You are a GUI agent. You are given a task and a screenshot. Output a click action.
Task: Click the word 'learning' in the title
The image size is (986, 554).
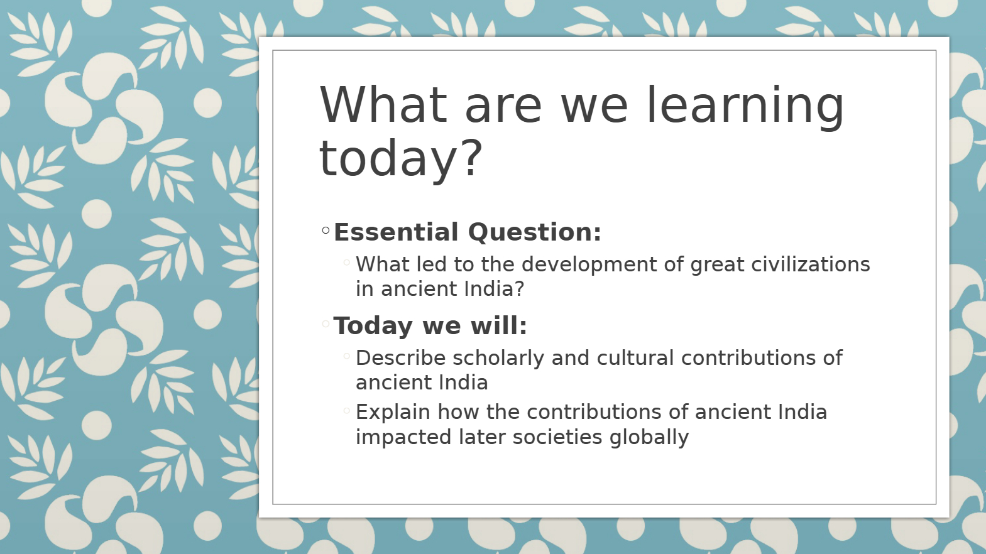click(745, 106)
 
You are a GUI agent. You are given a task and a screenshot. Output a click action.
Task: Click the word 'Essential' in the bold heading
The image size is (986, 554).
click(396, 232)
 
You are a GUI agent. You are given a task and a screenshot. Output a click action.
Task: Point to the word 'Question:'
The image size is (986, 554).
click(534, 232)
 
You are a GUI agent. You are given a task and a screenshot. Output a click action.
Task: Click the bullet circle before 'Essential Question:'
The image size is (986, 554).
click(326, 230)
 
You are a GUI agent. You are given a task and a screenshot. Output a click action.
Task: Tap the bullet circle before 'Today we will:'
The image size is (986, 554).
click(326, 324)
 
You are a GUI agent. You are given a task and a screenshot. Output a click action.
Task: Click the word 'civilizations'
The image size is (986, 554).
click(811, 264)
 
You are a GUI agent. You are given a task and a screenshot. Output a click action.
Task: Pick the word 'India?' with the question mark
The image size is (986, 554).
click(495, 289)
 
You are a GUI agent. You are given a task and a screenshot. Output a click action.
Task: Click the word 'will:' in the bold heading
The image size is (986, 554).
click(499, 326)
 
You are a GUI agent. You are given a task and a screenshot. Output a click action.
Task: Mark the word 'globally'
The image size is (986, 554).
click(649, 438)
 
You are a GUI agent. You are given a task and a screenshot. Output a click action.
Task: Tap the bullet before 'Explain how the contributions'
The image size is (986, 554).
click(346, 411)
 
